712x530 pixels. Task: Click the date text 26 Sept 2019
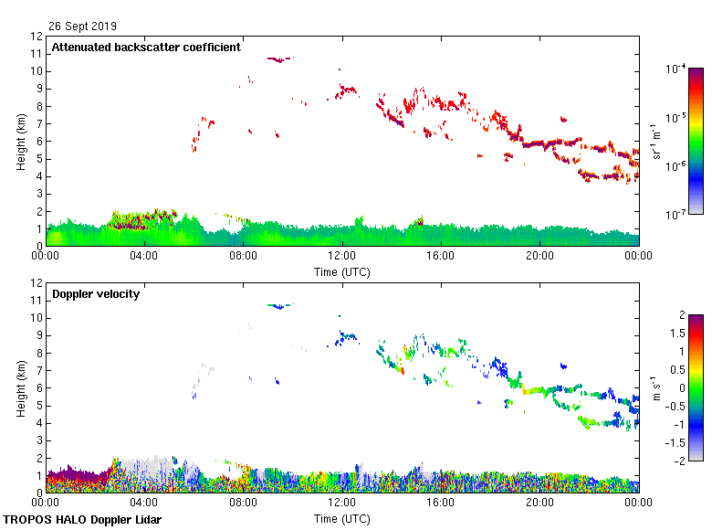pyautogui.click(x=83, y=26)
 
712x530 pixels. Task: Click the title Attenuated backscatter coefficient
pyautogui.click(x=146, y=48)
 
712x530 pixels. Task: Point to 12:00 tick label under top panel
pyautogui.click(x=341, y=256)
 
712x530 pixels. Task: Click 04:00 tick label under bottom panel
pyautogui.click(x=144, y=503)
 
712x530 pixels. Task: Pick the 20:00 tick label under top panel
pyautogui.click(x=539, y=256)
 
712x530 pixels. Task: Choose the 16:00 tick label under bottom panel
pyautogui.click(x=441, y=503)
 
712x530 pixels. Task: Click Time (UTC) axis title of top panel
pyautogui.click(x=342, y=271)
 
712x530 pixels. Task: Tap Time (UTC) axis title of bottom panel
pyautogui.click(x=342, y=518)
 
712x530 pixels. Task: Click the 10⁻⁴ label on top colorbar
pyautogui.click(x=676, y=69)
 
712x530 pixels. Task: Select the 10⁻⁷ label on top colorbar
pyautogui.click(x=676, y=216)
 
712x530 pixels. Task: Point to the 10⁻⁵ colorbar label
pyautogui.click(x=676, y=118)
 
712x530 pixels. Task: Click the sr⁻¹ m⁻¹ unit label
pyautogui.click(x=658, y=142)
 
